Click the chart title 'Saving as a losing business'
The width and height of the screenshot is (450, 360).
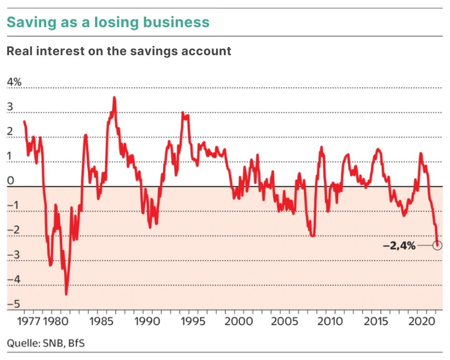(x=108, y=22)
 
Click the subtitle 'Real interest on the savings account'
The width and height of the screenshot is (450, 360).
(x=119, y=51)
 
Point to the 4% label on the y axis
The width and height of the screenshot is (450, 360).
(x=14, y=82)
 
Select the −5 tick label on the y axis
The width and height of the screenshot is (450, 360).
(x=12, y=304)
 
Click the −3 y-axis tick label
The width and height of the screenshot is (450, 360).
(x=12, y=255)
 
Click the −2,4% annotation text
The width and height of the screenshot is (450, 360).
(x=399, y=246)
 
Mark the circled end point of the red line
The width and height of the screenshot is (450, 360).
(x=437, y=245)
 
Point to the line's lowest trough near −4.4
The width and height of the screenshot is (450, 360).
(x=66, y=294)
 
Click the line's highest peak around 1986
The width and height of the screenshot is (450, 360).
(x=114, y=97)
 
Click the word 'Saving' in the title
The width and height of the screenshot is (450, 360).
(x=28, y=22)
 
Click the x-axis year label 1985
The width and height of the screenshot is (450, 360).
(x=101, y=322)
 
